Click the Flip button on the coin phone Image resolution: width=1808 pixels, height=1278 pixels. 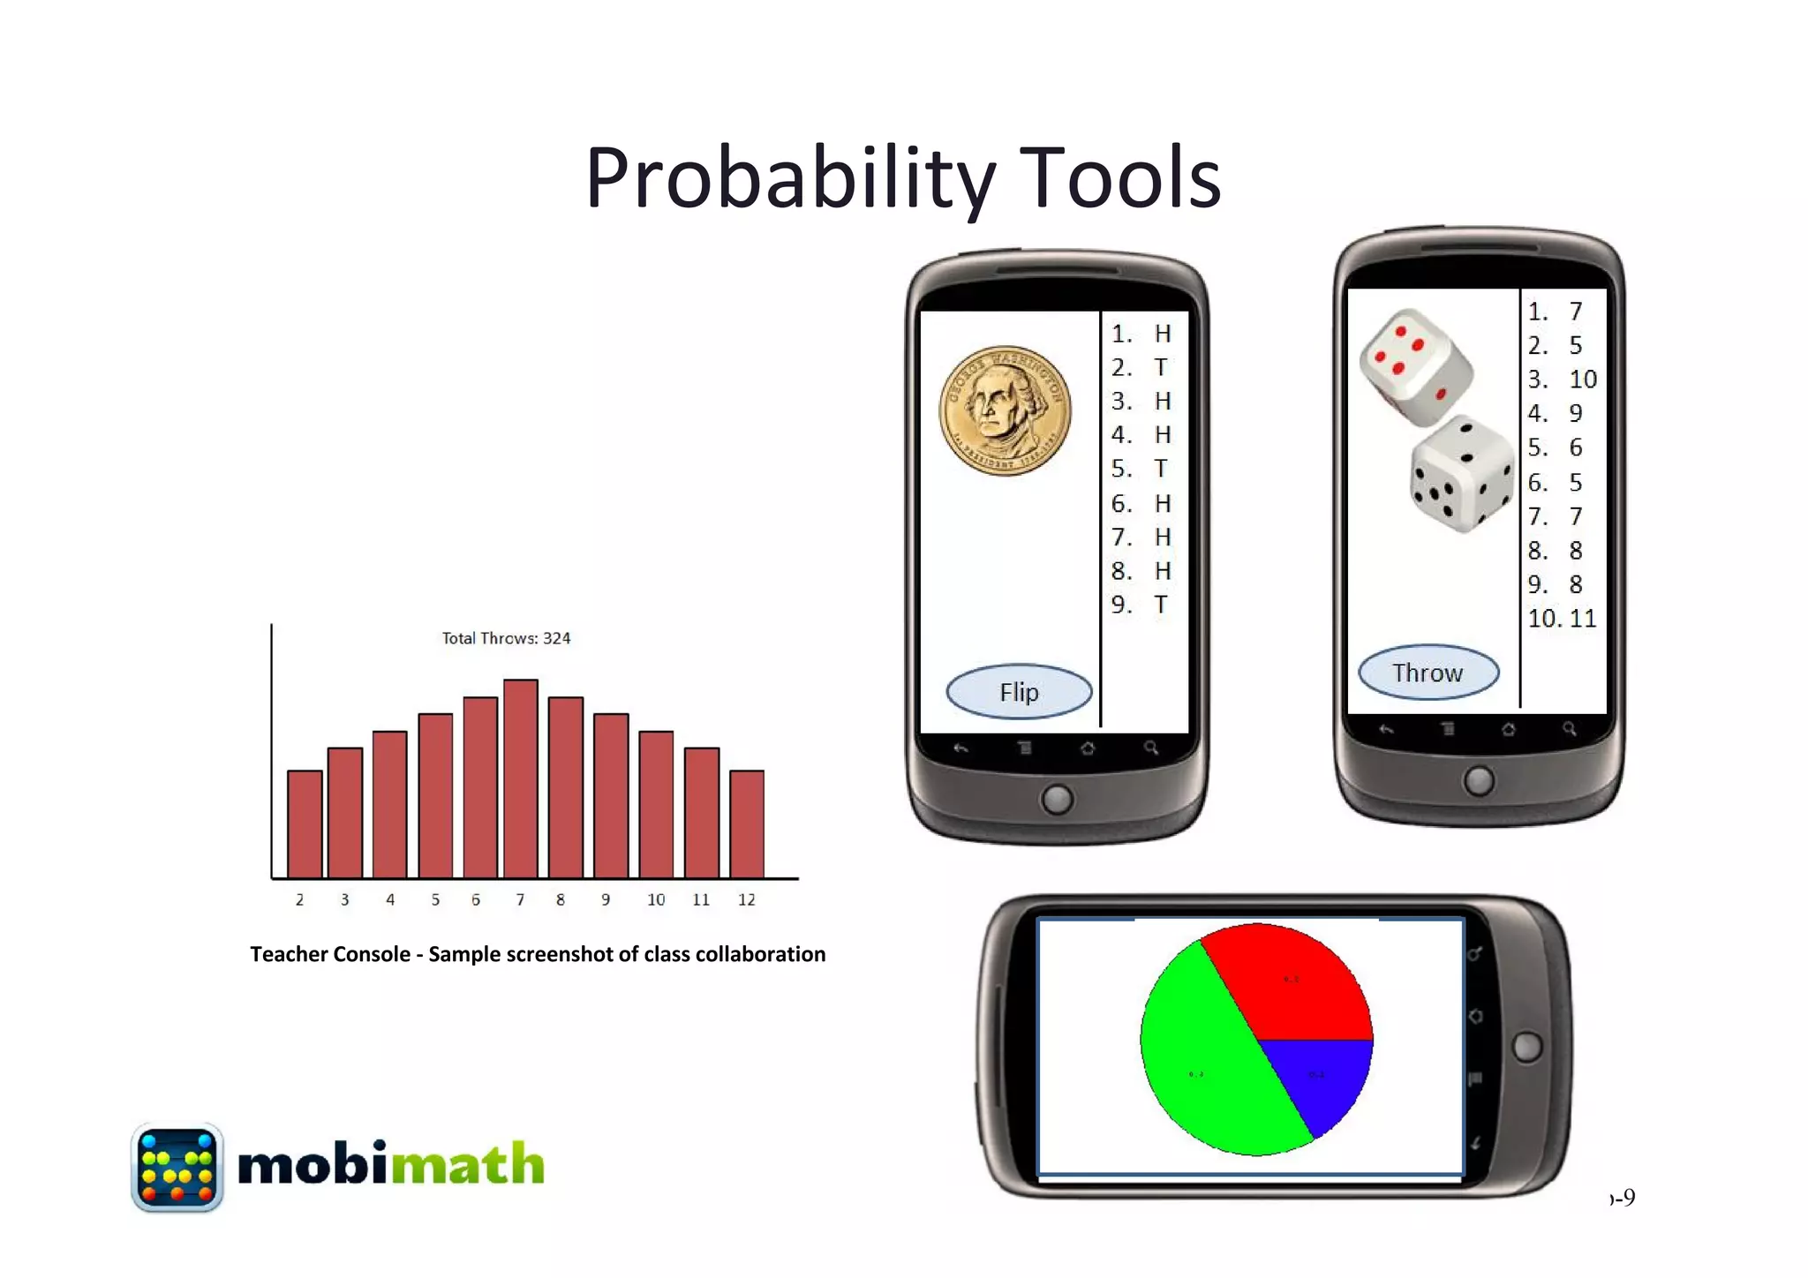[x=1019, y=692]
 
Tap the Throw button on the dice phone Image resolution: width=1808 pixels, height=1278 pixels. [x=1428, y=673]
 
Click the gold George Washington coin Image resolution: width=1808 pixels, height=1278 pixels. [x=1005, y=410]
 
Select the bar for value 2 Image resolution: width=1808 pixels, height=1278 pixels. [x=305, y=823]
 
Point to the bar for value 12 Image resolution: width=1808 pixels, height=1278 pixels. [x=747, y=823]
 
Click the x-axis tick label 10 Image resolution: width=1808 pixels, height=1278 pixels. [x=656, y=899]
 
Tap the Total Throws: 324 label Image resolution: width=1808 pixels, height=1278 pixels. [x=506, y=638]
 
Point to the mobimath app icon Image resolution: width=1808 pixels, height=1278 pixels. [x=177, y=1168]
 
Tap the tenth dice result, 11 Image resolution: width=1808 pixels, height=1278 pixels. [x=1582, y=619]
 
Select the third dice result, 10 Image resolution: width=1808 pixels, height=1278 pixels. [x=1582, y=380]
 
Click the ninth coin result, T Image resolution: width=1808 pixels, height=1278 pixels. [x=1161, y=605]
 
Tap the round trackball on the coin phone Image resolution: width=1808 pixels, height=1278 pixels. [x=1057, y=800]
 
